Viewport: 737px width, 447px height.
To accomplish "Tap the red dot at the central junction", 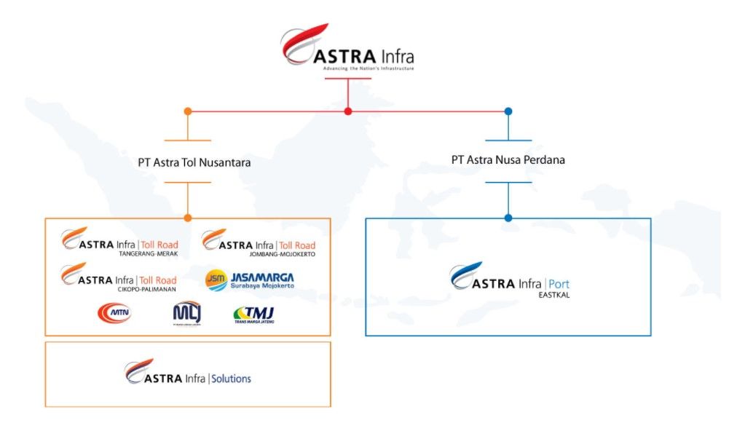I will pos(348,111).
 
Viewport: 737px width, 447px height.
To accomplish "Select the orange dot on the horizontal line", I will pos(188,111).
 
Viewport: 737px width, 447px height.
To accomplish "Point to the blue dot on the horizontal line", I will pos(508,111).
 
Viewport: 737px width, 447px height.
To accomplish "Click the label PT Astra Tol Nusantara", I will pos(194,162).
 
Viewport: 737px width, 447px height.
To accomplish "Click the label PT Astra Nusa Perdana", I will pos(508,159).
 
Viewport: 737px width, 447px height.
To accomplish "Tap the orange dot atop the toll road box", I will pos(188,218).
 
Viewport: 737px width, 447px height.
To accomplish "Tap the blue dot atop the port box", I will pos(508,218).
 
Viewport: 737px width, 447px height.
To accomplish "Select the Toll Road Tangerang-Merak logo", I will pos(119,243).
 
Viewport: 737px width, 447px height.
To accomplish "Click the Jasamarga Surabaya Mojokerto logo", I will pos(250,280).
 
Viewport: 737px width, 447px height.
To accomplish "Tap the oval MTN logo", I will pos(114,313).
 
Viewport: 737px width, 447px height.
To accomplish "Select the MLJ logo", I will pos(186,313).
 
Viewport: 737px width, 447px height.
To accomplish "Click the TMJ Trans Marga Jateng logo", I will pos(253,314).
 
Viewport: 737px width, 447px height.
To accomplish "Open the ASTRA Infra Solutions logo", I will pos(188,373).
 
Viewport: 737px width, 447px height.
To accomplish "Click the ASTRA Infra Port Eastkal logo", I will pos(508,280).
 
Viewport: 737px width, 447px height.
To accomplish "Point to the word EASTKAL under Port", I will pos(553,294).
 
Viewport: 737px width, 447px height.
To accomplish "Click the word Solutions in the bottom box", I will pos(232,379).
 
